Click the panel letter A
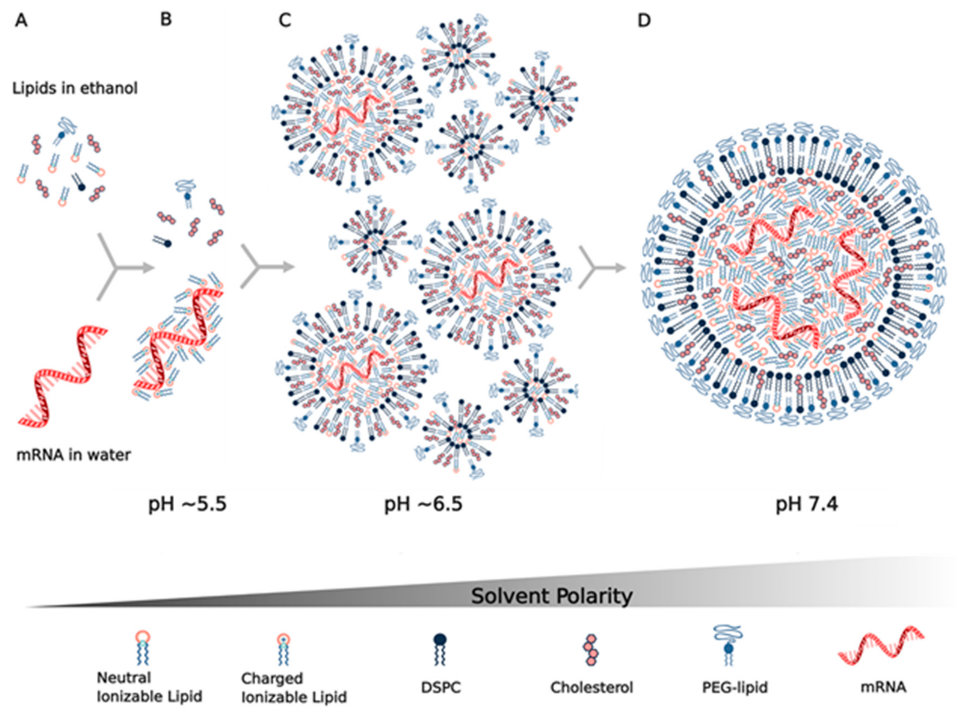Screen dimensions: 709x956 (21, 20)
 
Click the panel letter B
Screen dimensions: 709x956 (166, 19)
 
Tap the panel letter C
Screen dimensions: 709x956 (285, 20)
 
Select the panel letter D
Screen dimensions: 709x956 (644, 20)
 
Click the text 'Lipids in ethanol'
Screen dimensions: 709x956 (75, 88)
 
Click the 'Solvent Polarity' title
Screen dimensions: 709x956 (552, 596)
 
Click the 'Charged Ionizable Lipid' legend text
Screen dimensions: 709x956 (294, 687)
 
